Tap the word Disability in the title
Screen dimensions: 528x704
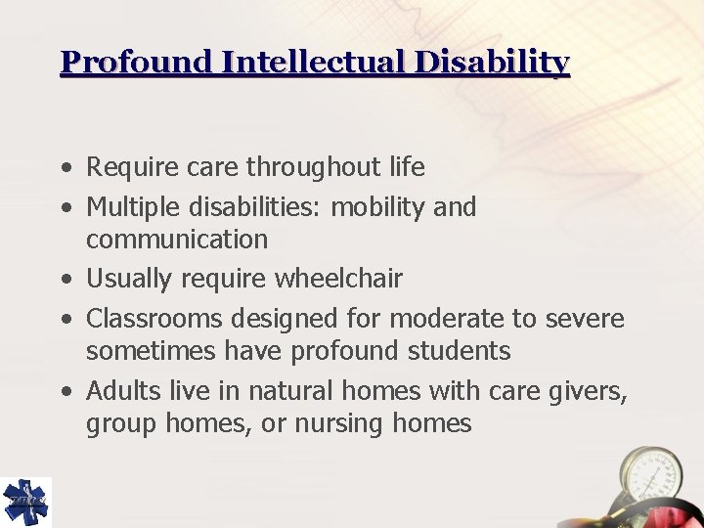pos(505,63)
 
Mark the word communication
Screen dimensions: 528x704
pos(177,240)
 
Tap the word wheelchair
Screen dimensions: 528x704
pos(337,280)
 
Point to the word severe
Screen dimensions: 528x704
pos(584,319)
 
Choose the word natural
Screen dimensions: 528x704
pos(285,391)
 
